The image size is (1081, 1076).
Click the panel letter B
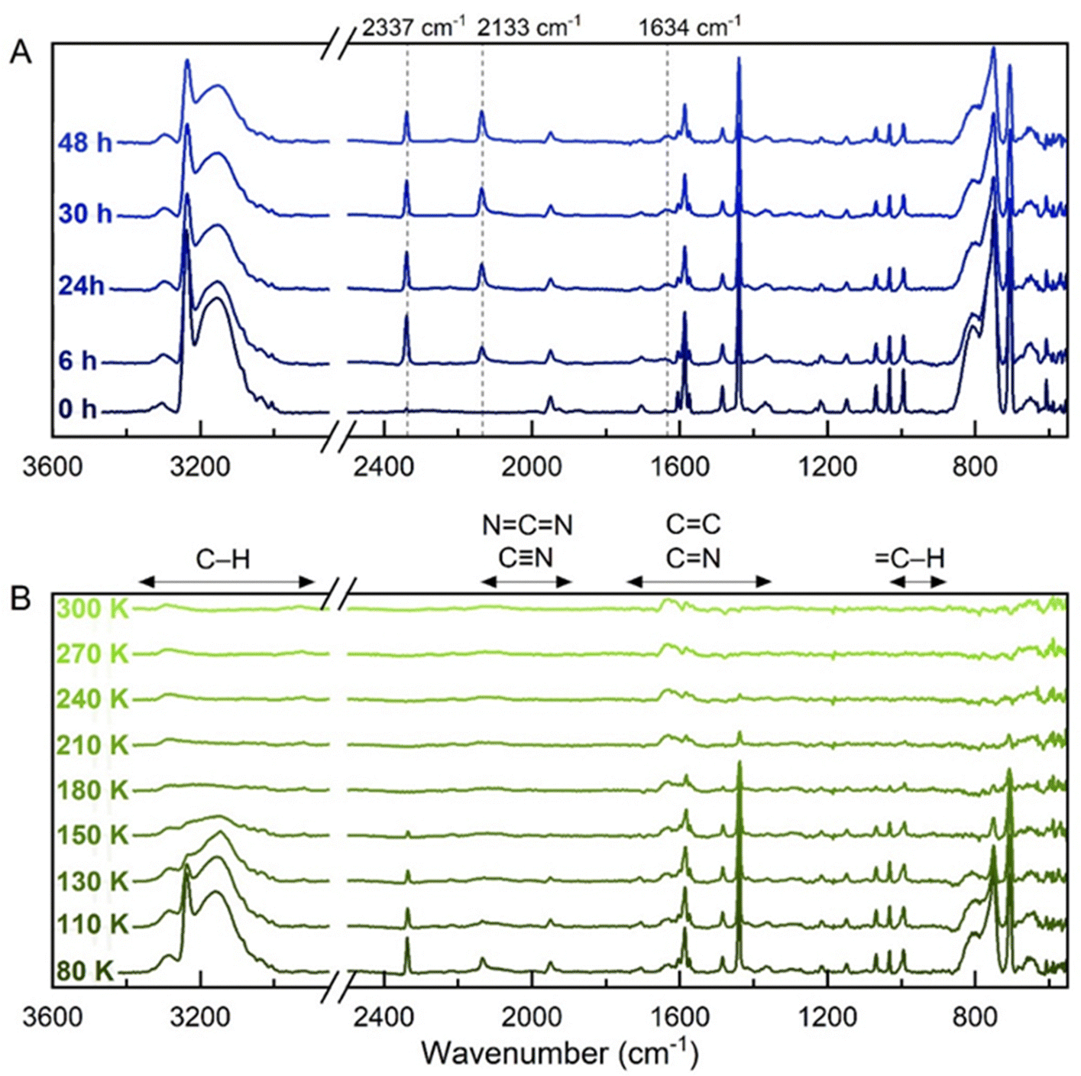(20, 598)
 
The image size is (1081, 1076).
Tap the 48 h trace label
(84, 142)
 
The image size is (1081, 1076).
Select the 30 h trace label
(84, 214)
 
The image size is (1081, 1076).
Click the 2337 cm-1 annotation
(413, 28)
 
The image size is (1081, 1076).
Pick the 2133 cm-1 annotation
(529, 28)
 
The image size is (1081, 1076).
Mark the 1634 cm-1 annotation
(689, 28)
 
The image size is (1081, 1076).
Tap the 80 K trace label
(84, 971)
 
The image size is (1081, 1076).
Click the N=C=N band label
(527, 525)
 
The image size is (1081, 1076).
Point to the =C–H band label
(909, 558)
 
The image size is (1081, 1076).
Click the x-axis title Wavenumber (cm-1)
(559, 1053)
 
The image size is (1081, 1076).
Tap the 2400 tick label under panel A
(384, 465)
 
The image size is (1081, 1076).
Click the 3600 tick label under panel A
(52, 465)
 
